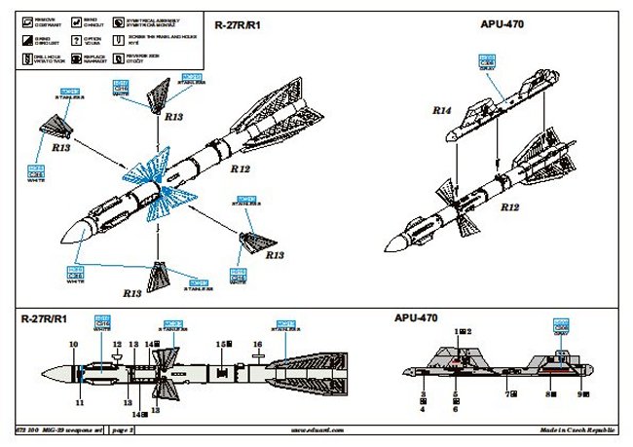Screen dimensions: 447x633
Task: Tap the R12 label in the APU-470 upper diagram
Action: (508, 207)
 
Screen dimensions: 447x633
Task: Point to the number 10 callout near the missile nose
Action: (73, 345)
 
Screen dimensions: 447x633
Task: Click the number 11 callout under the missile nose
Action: (80, 401)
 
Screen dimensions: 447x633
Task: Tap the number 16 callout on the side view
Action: (258, 345)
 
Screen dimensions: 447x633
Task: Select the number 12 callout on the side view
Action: (117, 345)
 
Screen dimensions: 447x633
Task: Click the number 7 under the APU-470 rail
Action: (507, 394)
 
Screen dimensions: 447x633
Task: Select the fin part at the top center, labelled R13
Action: (162, 94)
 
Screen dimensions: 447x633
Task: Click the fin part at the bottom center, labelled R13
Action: (160, 276)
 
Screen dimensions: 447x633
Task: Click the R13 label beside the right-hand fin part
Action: (276, 255)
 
